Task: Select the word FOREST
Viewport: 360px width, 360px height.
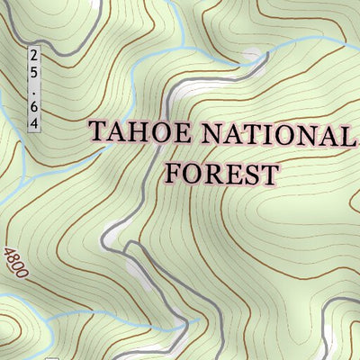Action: click(220, 172)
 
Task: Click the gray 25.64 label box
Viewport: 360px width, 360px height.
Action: click(34, 89)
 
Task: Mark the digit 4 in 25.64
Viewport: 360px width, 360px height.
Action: click(34, 121)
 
